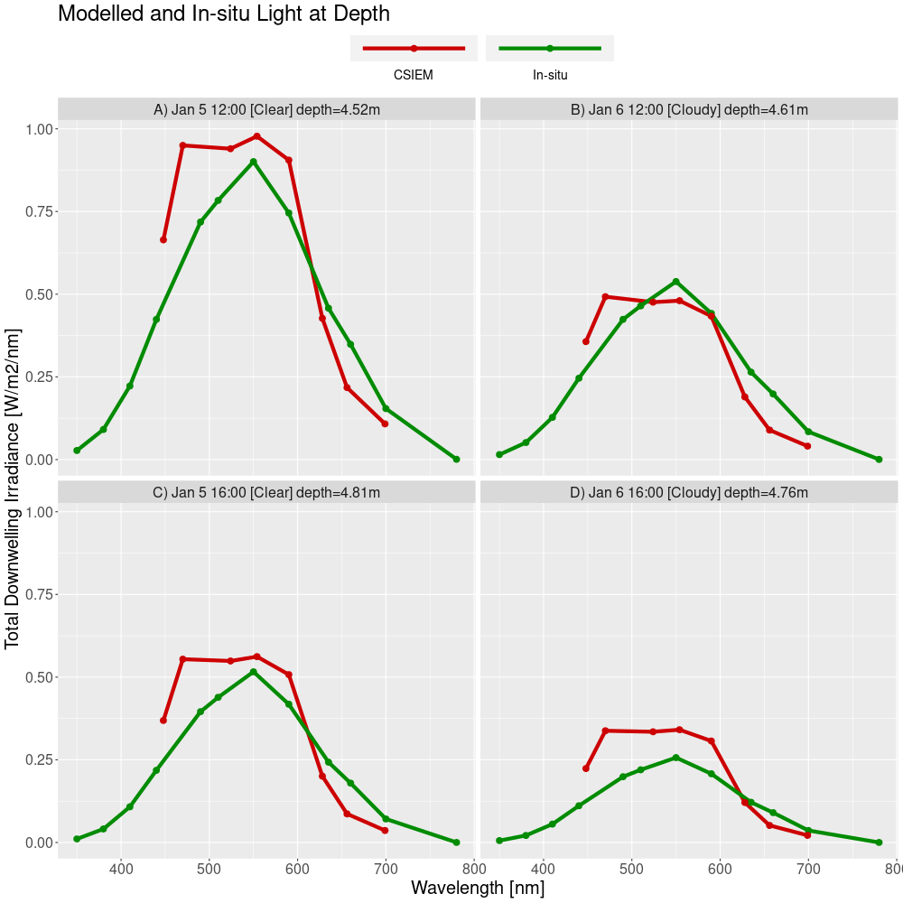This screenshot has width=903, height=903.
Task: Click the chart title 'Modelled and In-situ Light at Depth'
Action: click(x=224, y=14)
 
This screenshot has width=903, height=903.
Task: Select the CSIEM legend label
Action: click(x=413, y=75)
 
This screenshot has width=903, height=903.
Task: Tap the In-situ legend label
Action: click(x=550, y=75)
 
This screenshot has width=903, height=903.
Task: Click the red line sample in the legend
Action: click(x=414, y=48)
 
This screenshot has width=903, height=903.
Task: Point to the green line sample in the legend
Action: click(x=550, y=48)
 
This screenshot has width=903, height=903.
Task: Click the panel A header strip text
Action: click(x=266, y=110)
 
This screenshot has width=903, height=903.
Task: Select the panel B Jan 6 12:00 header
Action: click(x=689, y=110)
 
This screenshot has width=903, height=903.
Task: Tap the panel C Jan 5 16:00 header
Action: click(x=266, y=492)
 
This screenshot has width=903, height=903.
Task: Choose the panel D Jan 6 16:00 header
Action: click(x=689, y=492)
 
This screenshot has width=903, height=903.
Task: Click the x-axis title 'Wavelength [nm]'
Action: click(x=478, y=889)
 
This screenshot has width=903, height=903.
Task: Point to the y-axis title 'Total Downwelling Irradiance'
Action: click(x=13, y=488)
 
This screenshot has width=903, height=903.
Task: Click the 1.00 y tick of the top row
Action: click(x=40, y=129)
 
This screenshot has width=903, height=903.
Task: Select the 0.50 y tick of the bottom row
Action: click(x=40, y=677)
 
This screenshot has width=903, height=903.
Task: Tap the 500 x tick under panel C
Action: click(x=209, y=869)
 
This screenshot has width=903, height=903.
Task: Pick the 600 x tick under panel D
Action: click(x=720, y=869)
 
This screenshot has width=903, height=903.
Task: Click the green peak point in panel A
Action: click(x=254, y=162)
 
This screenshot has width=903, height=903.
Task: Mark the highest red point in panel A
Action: click(x=257, y=136)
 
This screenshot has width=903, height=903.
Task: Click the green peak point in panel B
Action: click(x=675, y=282)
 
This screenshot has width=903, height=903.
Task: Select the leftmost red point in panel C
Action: click(x=163, y=721)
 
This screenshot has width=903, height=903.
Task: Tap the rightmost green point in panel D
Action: click(x=879, y=842)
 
